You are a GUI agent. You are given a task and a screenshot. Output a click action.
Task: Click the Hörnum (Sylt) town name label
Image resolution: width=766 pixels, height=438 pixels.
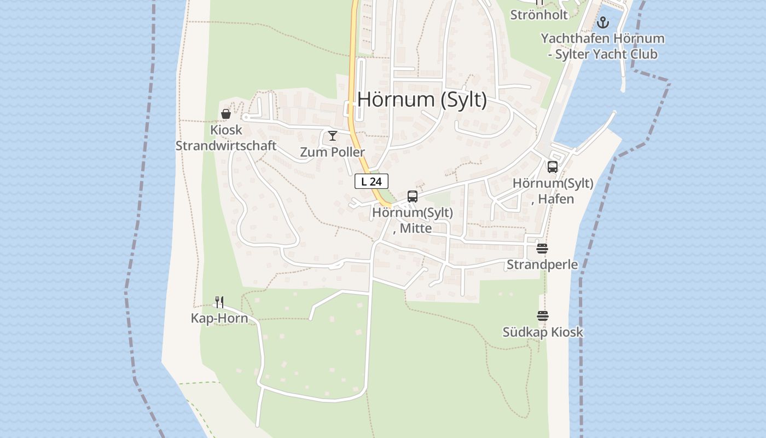pyautogui.click(x=422, y=100)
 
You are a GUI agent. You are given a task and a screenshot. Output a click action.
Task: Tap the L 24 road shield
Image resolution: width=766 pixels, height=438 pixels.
pyautogui.click(x=372, y=181)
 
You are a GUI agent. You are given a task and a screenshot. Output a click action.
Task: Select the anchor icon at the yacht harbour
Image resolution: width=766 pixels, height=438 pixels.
pyautogui.click(x=602, y=22)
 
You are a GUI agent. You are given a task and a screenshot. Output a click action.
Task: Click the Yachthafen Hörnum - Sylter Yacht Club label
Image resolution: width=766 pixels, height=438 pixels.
pyautogui.click(x=602, y=46)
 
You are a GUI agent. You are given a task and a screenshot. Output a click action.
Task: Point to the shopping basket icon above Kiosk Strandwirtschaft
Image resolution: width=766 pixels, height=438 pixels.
pyautogui.click(x=225, y=114)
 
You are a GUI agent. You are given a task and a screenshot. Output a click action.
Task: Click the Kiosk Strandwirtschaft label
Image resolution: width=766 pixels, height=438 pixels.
pyautogui.click(x=225, y=139)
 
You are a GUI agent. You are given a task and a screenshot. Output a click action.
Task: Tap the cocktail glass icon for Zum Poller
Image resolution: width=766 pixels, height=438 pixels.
pyautogui.click(x=333, y=135)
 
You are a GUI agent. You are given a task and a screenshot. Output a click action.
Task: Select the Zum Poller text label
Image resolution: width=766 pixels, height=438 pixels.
pyautogui.click(x=332, y=152)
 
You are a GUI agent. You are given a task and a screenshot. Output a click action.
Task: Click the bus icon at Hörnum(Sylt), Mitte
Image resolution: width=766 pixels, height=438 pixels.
pyautogui.click(x=413, y=196)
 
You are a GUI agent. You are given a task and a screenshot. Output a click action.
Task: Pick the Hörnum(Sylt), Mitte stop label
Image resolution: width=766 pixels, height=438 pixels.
pyautogui.click(x=413, y=220)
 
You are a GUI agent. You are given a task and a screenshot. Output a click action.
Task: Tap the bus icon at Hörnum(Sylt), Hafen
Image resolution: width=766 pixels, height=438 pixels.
pyautogui.click(x=553, y=167)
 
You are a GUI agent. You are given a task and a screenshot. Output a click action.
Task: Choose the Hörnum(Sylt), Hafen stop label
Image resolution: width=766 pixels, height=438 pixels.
pyautogui.click(x=553, y=191)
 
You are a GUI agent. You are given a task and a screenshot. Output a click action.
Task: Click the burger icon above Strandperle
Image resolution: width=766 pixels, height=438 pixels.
pyautogui.click(x=542, y=249)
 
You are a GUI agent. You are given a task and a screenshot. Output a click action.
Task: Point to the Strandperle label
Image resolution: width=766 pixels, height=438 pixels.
pyautogui.click(x=542, y=265)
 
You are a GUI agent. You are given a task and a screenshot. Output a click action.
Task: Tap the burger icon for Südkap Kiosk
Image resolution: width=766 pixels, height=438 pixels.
pyautogui.click(x=542, y=316)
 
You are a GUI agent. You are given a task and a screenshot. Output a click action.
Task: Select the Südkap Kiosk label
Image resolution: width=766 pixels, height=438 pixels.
pyautogui.click(x=543, y=332)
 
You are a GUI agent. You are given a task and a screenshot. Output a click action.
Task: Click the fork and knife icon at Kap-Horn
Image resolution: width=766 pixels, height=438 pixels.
pyautogui.click(x=219, y=302)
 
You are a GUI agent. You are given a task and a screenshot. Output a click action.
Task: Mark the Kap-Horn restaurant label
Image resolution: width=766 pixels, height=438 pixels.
pyautogui.click(x=219, y=318)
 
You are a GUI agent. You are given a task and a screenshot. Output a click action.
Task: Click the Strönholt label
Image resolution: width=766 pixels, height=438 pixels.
pyautogui.click(x=539, y=15)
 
